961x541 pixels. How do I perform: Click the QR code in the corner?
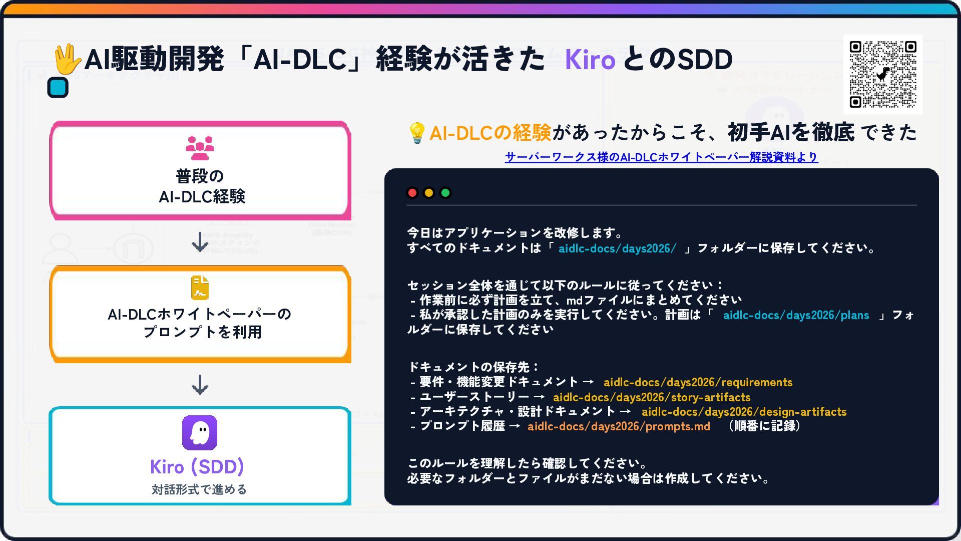point(883,74)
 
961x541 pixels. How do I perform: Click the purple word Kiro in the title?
point(590,60)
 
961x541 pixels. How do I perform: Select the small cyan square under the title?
point(58,88)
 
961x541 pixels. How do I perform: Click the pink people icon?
point(200,148)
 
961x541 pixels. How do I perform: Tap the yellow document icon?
point(200,288)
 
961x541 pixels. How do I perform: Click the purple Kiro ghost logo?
point(200,433)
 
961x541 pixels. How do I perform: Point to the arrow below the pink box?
point(200,242)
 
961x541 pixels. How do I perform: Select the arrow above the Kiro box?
point(200,385)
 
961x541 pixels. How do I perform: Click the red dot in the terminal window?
point(412,193)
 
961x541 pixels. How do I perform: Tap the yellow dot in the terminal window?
point(429,193)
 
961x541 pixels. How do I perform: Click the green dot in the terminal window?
point(445,193)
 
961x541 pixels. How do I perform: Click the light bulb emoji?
point(417,133)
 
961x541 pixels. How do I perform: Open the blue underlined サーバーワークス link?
point(661,157)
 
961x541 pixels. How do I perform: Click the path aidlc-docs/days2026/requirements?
point(698,383)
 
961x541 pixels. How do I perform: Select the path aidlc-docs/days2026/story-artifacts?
point(652,398)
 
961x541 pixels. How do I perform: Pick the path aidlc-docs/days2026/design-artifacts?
point(744,412)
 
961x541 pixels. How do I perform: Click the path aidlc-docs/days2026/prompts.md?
point(619,427)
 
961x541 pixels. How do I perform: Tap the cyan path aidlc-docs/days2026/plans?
point(796,316)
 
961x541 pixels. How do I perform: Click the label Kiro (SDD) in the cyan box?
point(197,467)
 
